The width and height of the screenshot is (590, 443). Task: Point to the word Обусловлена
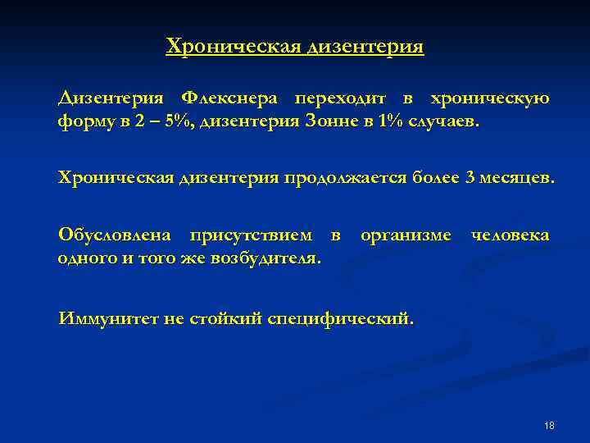click(115, 235)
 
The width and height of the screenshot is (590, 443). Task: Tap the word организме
click(406, 235)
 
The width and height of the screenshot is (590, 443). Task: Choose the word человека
click(510, 235)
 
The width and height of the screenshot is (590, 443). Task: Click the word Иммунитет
click(109, 318)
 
